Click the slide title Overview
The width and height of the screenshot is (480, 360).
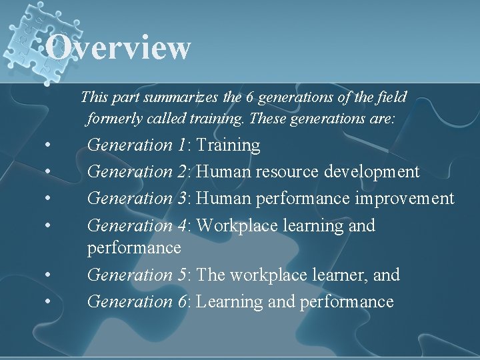pos(119,47)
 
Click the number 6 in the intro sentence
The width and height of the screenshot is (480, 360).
pos(249,97)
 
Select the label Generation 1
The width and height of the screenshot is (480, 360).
pos(139,145)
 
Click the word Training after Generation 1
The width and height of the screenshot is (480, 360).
pos(229,145)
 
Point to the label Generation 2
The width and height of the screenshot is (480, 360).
pos(139,171)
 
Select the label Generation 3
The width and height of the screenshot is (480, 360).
pos(139,198)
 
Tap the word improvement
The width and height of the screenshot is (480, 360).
pos(405,198)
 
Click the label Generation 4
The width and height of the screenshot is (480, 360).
pos(139,225)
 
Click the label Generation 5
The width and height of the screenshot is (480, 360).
pos(139,275)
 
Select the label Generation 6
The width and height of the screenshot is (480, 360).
pos(139,301)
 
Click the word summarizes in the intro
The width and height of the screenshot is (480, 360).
pos(177,97)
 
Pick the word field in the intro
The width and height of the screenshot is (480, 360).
pos(392,97)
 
